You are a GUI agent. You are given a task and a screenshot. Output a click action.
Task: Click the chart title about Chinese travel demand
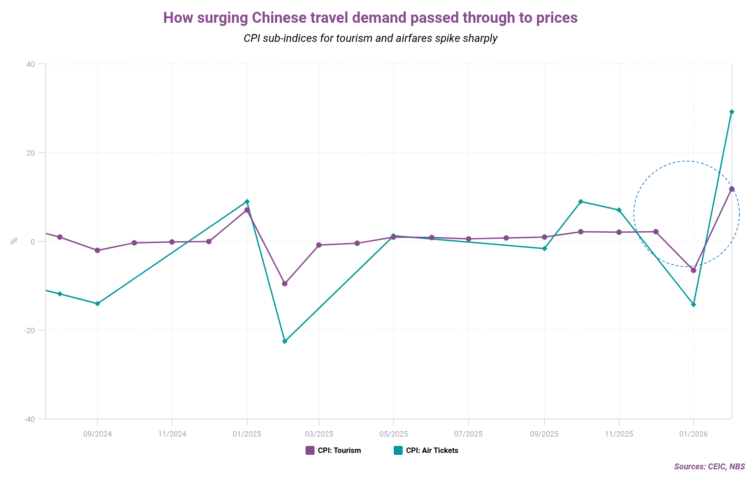[x=370, y=18]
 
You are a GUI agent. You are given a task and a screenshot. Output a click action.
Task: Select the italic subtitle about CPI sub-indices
[x=370, y=38]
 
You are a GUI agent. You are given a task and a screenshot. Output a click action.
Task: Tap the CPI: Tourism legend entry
[x=333, y=451]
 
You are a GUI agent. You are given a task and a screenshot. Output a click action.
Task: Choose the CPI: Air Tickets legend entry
[x=426, y=451]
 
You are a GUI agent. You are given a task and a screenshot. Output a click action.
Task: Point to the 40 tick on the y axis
[x=31, y=64]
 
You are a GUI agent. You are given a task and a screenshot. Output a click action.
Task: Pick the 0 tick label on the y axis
[x=33, y=242]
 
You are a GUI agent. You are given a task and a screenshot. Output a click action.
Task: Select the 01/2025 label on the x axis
[x=247, y=434]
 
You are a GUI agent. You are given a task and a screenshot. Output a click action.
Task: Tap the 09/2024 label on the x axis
[x=97, y=434]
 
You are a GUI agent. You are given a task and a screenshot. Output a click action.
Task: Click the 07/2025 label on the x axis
[x=468, y=434]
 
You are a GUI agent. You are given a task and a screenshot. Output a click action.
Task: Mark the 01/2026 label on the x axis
[x=693, y=434]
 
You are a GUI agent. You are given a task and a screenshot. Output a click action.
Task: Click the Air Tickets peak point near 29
[x=731, y=112]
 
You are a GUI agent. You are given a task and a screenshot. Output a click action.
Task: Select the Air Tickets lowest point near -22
[x=285, y=341]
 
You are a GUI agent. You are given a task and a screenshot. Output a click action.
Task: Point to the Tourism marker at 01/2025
[x=247, y=210]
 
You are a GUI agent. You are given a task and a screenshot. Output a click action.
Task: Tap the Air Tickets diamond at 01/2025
[x=247, y=202]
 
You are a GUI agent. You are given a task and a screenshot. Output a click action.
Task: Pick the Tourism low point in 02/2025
[x=285, y=284]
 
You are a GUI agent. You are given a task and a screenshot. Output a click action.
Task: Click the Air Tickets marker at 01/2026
[x=693, y=305]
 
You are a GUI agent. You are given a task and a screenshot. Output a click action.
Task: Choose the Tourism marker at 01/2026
[x=693, y=270]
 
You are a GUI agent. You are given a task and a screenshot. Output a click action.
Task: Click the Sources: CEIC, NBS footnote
[x=709, y=467]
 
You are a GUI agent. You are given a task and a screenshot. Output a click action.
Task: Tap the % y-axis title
[x=14, y=241]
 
